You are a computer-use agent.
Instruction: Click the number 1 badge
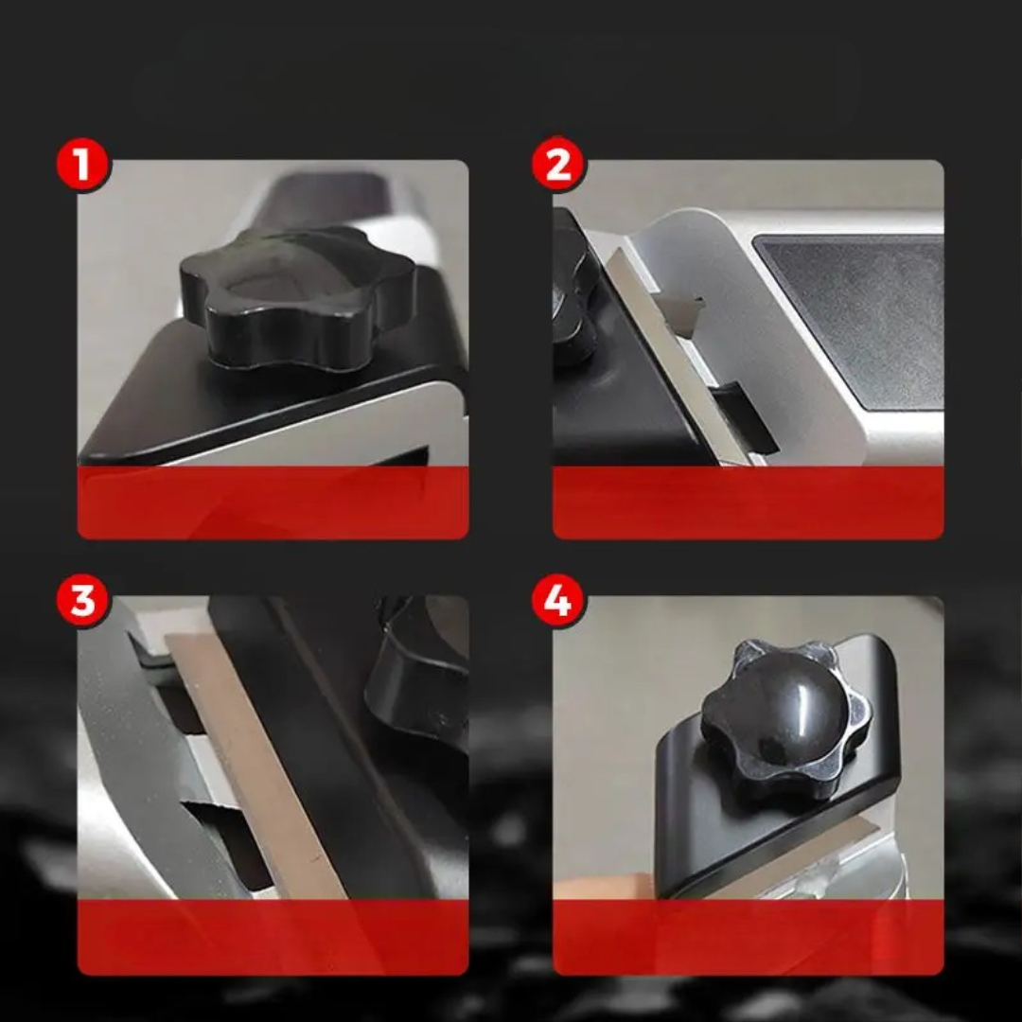[82, 165]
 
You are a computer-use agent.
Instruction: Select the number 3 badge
[82, 600]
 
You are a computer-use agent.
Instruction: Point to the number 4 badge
[558, 600]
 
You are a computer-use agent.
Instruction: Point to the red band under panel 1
[273, 502]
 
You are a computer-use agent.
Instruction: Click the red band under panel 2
[749, 502]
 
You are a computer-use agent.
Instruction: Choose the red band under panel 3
[273, 937]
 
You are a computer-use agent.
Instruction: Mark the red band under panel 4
[749, 937]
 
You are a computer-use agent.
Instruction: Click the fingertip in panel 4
[603, 887]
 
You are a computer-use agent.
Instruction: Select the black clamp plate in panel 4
[769, 802]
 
